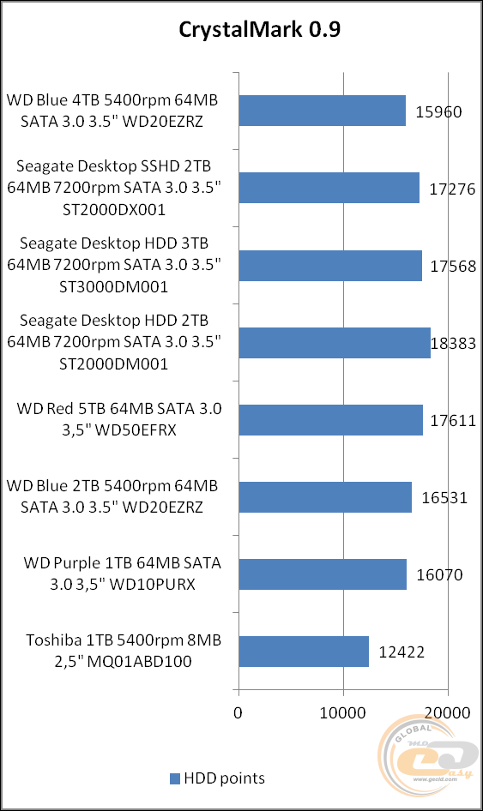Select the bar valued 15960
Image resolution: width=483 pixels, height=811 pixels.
pos(322,111)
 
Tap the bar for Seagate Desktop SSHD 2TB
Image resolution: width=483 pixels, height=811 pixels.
pos(329,188)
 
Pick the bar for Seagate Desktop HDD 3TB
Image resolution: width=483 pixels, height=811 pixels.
pos(330,265)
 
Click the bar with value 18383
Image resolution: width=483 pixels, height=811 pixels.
pos(335,342)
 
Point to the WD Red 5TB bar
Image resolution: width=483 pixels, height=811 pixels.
pos(330,419)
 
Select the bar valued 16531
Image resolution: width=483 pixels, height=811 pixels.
pos(325,496)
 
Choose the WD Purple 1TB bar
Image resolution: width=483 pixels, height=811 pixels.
pos(323,574)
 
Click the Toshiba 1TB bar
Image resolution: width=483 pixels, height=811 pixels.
pos(304,652)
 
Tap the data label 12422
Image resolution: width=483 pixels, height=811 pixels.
pos(401,652)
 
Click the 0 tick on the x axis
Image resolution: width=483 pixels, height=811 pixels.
pos(238,712)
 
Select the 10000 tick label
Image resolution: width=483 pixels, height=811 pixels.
pos(343,712)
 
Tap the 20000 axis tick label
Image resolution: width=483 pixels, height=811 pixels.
pos(447,712)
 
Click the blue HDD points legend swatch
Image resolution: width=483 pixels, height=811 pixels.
pos(175,779)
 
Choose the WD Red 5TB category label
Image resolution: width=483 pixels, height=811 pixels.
pos(119,419)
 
